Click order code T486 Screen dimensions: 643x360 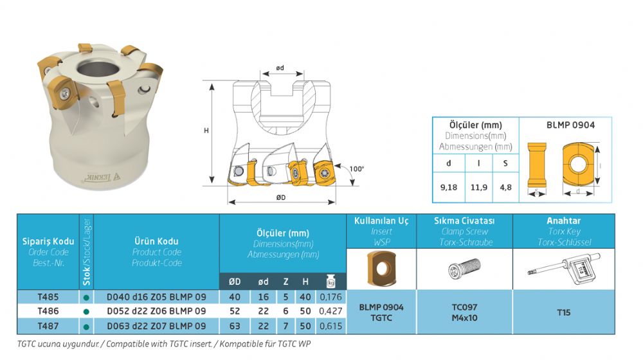pos(48,311)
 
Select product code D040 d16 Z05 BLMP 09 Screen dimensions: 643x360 pos(156,297)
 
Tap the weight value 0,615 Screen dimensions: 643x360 pos(331,327)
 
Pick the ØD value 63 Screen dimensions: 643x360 pos(235,327)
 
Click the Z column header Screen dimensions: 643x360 pos(286,282)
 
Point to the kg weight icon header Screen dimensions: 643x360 pos(331,281)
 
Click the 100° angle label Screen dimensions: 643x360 pos(356,169)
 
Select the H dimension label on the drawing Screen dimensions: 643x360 pos(206,130)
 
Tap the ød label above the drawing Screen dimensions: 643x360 pos(280,68)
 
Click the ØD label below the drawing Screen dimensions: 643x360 pos(281,197)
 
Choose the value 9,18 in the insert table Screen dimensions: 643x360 pos(449,187)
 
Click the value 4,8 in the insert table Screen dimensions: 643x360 pos(505,187)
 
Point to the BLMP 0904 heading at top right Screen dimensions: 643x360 pos(570,125)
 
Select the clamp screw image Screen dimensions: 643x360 pos(464,269)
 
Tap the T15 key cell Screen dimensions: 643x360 pos(564,312)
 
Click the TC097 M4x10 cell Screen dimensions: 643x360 pos(465,312)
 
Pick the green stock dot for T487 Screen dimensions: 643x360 pos(86,327)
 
